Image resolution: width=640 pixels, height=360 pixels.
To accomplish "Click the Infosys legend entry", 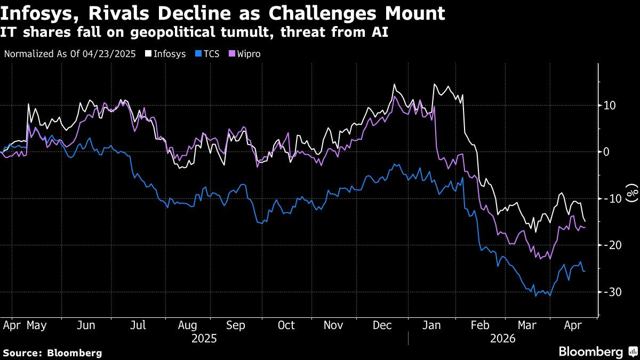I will click(x=166, y=54).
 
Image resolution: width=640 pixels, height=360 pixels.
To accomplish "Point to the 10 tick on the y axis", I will click(x=610, y=105).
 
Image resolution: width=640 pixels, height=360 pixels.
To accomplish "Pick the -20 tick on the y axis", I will click(x=609, y=245).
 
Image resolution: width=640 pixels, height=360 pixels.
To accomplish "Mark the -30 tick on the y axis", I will click(x=609, y=292).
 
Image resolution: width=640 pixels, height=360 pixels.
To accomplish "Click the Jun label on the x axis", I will click(x=87, y=325).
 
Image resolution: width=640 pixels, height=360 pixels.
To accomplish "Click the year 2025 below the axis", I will click(x=204, y=338).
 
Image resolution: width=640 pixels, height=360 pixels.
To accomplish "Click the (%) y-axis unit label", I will click(x=631, y=193).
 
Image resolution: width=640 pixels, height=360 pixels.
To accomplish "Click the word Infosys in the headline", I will click(x=40, y=13).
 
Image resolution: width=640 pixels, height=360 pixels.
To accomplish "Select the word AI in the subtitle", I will click(x=380, y=33).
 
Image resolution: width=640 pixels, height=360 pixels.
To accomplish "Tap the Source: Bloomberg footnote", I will click(x=52, y=353).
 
